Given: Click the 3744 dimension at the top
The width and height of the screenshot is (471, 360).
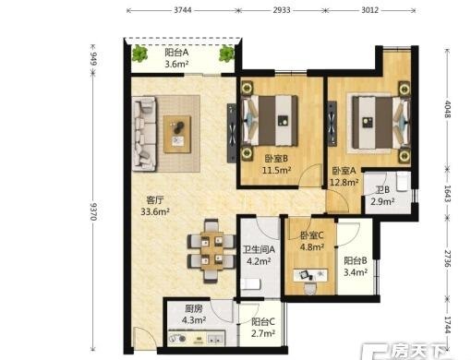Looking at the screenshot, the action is [x=183, y=10].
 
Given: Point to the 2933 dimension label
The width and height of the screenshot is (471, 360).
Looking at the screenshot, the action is [x=282, y=10].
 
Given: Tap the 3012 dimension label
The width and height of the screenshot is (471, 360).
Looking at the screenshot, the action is [x=369, y=10].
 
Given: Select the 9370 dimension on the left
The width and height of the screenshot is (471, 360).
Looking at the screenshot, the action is [x=93, y=211].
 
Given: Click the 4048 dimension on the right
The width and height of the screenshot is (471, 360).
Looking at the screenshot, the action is [x=448, y=109].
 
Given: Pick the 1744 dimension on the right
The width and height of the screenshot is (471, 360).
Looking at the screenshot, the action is [x=448, y=325].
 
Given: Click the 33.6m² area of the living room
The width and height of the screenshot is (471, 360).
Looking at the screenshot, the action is [x=155, y=211].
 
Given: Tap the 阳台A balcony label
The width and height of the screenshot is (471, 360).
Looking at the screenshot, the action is [x=176, y=53].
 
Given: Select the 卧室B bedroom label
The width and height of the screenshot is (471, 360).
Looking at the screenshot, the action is [x=276, y=159].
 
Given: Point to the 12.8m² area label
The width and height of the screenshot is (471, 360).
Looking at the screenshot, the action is [x=344, y=183].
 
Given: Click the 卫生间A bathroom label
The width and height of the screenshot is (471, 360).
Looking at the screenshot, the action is [x=259, y=249].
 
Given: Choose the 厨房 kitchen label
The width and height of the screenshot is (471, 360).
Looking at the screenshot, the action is [x=194, y=308].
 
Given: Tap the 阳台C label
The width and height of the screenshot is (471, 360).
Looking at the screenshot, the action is [x=263, y=322].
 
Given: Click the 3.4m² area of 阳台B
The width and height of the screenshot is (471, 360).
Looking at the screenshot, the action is [x=356, y=272].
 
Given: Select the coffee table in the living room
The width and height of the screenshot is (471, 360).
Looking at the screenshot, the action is [x=177, y=134].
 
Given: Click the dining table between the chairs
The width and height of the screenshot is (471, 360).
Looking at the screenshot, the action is [x=211, y=251].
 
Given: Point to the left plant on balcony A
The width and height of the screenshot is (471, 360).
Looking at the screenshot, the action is [x=139, y=54].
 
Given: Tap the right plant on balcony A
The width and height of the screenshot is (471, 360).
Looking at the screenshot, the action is [x=227, y=54].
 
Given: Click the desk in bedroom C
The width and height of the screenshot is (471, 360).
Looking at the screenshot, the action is [x=310, y=275].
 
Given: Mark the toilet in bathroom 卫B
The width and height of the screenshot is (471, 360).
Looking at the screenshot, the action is [x=403, y=181].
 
